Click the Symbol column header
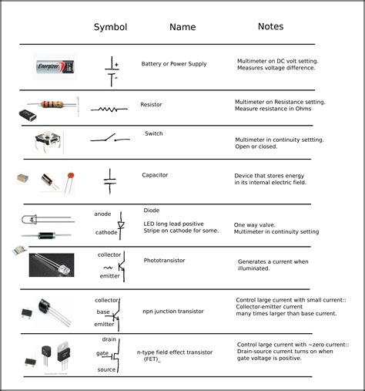(110, 27)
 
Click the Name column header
(182, 27)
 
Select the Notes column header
(270, 26)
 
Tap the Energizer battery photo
(56, 68)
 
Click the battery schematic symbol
(112, 69)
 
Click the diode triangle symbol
(121, 225)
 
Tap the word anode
(102, 214)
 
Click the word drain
(109, 340)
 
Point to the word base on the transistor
(102, 312)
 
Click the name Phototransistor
(165, 261)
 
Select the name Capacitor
(155, 175)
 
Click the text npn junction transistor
(173, 312)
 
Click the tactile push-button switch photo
(50, 140)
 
